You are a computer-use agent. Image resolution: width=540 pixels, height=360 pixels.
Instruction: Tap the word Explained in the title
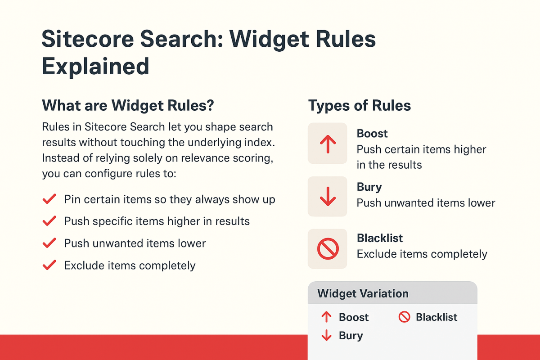point(95,66)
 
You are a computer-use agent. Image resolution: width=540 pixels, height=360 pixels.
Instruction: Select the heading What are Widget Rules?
point(128,106)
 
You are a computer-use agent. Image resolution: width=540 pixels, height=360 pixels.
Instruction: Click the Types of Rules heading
point(360,106)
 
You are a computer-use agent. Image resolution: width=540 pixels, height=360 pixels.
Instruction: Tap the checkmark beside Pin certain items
point(49,199)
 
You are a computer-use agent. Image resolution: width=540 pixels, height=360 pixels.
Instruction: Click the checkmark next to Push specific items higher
point(49,221)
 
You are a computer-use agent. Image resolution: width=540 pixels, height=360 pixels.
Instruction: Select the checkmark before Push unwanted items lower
point(49,243)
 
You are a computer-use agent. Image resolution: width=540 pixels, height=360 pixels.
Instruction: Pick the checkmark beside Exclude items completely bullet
point(49,265)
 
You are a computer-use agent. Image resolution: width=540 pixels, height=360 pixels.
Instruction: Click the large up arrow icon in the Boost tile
point(328,144)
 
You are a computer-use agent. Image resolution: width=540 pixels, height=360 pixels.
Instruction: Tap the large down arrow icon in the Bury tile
point(328,197)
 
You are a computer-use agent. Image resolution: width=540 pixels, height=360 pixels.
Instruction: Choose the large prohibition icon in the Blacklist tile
point(328,249)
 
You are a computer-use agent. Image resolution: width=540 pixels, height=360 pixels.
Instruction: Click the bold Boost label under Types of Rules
point(372,134)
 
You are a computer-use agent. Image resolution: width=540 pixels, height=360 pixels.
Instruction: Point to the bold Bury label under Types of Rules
point(369,187)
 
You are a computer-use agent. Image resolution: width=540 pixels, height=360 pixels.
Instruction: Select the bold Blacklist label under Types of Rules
point(380,238)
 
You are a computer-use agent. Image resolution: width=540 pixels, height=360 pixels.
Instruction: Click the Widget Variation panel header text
point(363,294)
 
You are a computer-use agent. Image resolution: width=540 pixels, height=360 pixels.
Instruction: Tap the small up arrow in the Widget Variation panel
point(326,317)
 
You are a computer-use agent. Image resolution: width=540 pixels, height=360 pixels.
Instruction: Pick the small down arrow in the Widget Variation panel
point(326,336)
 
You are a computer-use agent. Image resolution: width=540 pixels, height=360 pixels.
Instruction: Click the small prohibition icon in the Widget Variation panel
point(405,317)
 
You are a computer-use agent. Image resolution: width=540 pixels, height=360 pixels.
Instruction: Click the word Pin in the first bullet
point(72,199)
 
